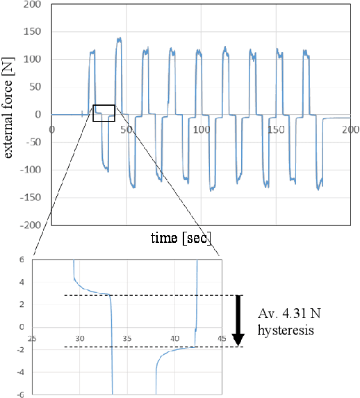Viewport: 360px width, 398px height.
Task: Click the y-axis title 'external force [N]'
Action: point(10,114)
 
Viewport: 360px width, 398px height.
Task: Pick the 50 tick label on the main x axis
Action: point(126,129)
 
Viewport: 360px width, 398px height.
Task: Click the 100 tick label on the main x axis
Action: point(201,129)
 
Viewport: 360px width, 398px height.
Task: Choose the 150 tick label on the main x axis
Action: point(276,129)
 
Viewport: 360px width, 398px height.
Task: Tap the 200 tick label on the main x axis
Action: point(350,129)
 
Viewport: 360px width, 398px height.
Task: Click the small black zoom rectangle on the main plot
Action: point(104,113)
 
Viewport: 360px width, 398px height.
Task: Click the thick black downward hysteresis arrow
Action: point(238,320)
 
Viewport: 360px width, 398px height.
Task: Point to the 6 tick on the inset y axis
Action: point(22,260)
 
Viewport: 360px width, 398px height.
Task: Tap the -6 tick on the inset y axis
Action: point(20,393)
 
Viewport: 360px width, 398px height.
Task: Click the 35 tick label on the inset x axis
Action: point(126,338)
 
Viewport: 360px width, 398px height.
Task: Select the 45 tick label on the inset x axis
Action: point(222,338)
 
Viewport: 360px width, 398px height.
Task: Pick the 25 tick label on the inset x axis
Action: point(32,338)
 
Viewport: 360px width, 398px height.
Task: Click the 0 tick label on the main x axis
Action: point(52,129)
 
